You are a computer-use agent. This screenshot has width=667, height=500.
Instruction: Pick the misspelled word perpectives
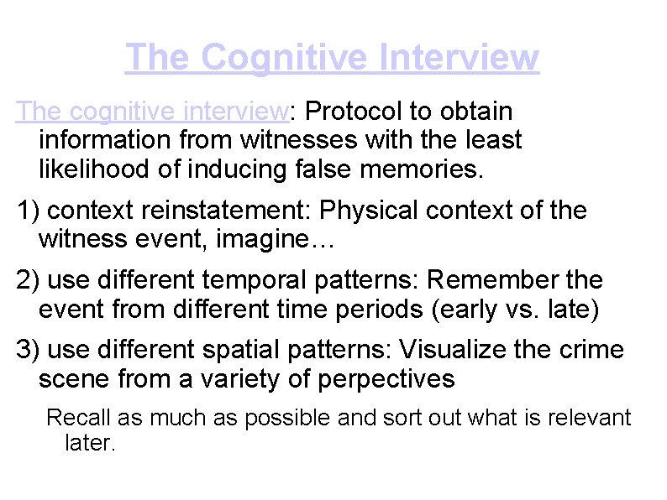[x=386, y=379]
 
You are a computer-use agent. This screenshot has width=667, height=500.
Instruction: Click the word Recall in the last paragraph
[x=77, y=417]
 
